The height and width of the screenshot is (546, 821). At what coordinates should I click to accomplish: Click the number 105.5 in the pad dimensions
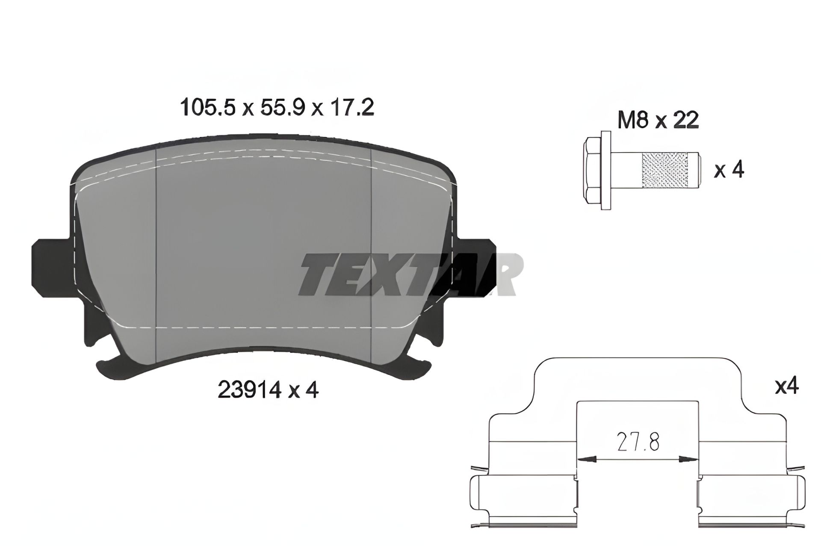pos(208,107)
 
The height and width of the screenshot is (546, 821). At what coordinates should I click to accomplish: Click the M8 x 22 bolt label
pos(658,120)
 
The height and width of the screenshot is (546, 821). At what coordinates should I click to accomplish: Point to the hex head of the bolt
pos(592,170)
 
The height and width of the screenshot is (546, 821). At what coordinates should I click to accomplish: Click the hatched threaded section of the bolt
pos(664,170)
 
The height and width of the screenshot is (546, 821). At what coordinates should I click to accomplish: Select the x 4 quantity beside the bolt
pos(729,170)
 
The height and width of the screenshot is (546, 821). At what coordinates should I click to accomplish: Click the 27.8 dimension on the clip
pos(638,443)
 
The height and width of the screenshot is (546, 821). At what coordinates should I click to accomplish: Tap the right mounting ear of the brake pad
pos(479,269)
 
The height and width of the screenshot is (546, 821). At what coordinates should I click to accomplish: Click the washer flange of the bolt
pos(605,170)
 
